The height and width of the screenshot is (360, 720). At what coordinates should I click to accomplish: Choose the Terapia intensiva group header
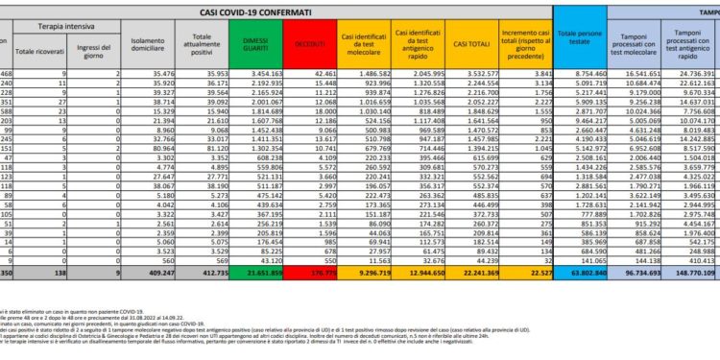[x=73, y=29]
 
